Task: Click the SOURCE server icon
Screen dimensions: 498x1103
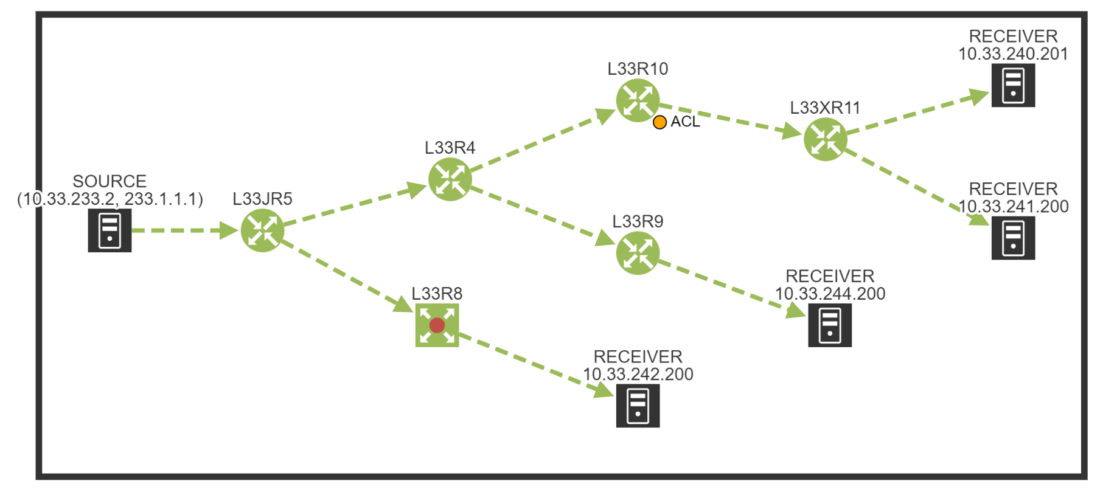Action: [x=110, y=230]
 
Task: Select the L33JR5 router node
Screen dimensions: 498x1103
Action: [x=262, y=230]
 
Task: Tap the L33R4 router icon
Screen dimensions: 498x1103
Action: [x=450, y=179]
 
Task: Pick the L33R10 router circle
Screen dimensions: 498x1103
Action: [x=638, y=100]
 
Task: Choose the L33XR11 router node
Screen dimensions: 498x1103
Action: [x=825, y=139]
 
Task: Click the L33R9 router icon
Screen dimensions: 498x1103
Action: [x=638, y=253]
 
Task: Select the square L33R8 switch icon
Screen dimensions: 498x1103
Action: [x=437, y=325]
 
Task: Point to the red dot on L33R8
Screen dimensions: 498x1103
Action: [x=437, y=325]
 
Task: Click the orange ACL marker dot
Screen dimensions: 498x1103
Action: [x=659, y=122]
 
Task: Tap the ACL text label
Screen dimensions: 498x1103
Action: [x=685, y=122]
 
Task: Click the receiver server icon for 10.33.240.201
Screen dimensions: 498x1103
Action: [x=1013, y=85]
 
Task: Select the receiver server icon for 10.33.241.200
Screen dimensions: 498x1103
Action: [x=1013, y=238]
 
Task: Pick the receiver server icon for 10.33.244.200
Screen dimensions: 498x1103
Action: [x=829, y=325]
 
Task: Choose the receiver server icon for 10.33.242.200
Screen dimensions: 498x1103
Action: [x=638, y=406]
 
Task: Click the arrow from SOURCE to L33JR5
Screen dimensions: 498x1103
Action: [x=183, y=230]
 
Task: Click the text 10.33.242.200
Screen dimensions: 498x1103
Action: [x=638, y=374]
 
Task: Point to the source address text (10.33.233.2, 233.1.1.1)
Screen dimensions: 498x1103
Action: [x=110, y=199]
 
